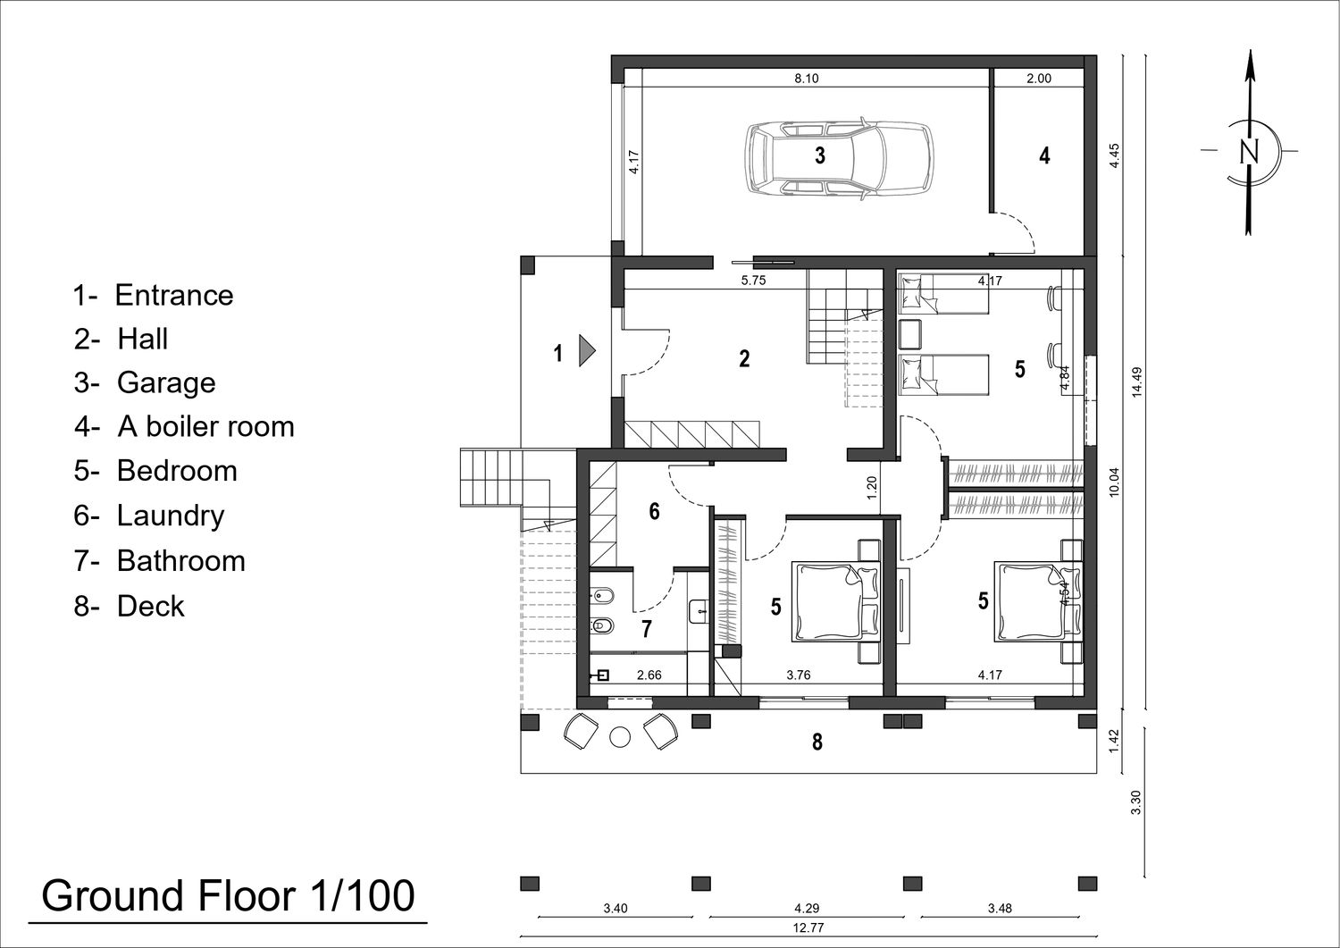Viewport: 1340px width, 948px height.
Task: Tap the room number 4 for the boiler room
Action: pyautogui.click(x=1044, y=155)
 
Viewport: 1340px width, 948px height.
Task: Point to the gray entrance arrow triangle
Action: pyautogui.click(x=586, y=351)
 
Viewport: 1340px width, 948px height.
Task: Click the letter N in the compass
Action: pyautogui.click(x=1249, y=151)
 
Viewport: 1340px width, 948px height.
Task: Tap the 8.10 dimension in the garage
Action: pyautogui.click(x=807, y=79)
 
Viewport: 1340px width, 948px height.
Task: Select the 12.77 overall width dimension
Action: pyautogui.click(x=808, y=928)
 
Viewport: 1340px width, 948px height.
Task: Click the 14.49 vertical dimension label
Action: pyautogui.click(x=1137, y=382)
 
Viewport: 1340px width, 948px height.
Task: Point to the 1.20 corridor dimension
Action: pyautogui.click(x=872, y=488)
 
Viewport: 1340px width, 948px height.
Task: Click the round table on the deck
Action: pyautogui.click(x=620, y=736)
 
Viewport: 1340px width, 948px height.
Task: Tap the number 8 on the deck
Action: pyautogui.click(x=817, y=742)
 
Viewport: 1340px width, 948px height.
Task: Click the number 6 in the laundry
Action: pyautogui.click(x=655, y=511)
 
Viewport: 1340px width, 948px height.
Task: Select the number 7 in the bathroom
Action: pyautogui.click(x=646, y=629)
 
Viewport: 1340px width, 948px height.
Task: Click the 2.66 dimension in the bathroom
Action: pyautogui.click(x=649, y=675)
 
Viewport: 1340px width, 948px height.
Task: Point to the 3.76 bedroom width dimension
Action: pyautogui.click(x=799, y=675)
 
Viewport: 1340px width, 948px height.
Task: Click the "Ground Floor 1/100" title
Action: pyautogui.click(x=228, y=896)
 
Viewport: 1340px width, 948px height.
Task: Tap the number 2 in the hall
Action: pyautogui.click(x=744, y=358)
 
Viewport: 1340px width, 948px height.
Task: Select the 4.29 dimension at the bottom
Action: pyautogui.click(x=807, y=909)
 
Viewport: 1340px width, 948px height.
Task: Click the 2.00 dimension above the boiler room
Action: pyautogui.click(x=1039, y=79)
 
